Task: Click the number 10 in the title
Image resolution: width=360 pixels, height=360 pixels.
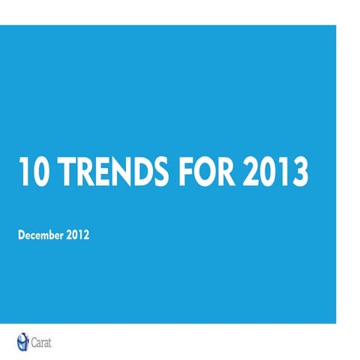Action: point(32,172)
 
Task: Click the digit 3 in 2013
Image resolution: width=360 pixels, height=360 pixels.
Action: point(300,172)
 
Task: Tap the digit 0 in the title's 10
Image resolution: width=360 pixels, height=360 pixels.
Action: point(40,172)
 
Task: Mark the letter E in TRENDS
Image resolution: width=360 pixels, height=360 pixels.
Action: point(101,172)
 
